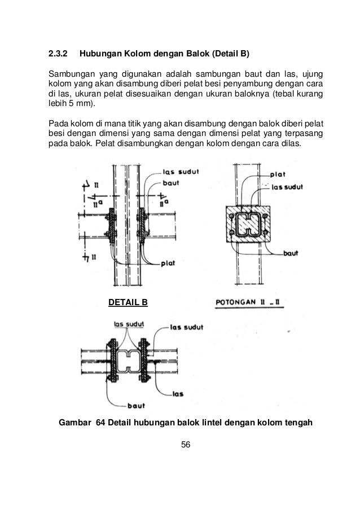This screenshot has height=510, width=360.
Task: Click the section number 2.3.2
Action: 57,55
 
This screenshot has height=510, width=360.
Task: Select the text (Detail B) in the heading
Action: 232,55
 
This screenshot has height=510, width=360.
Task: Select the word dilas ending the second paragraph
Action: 290,143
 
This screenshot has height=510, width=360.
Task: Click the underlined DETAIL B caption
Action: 128,303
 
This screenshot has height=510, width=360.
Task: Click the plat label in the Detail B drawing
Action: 168,263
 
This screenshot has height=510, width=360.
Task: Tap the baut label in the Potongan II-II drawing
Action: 291,254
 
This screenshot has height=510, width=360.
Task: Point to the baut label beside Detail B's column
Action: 172,183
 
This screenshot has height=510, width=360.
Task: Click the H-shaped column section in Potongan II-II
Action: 248,225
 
